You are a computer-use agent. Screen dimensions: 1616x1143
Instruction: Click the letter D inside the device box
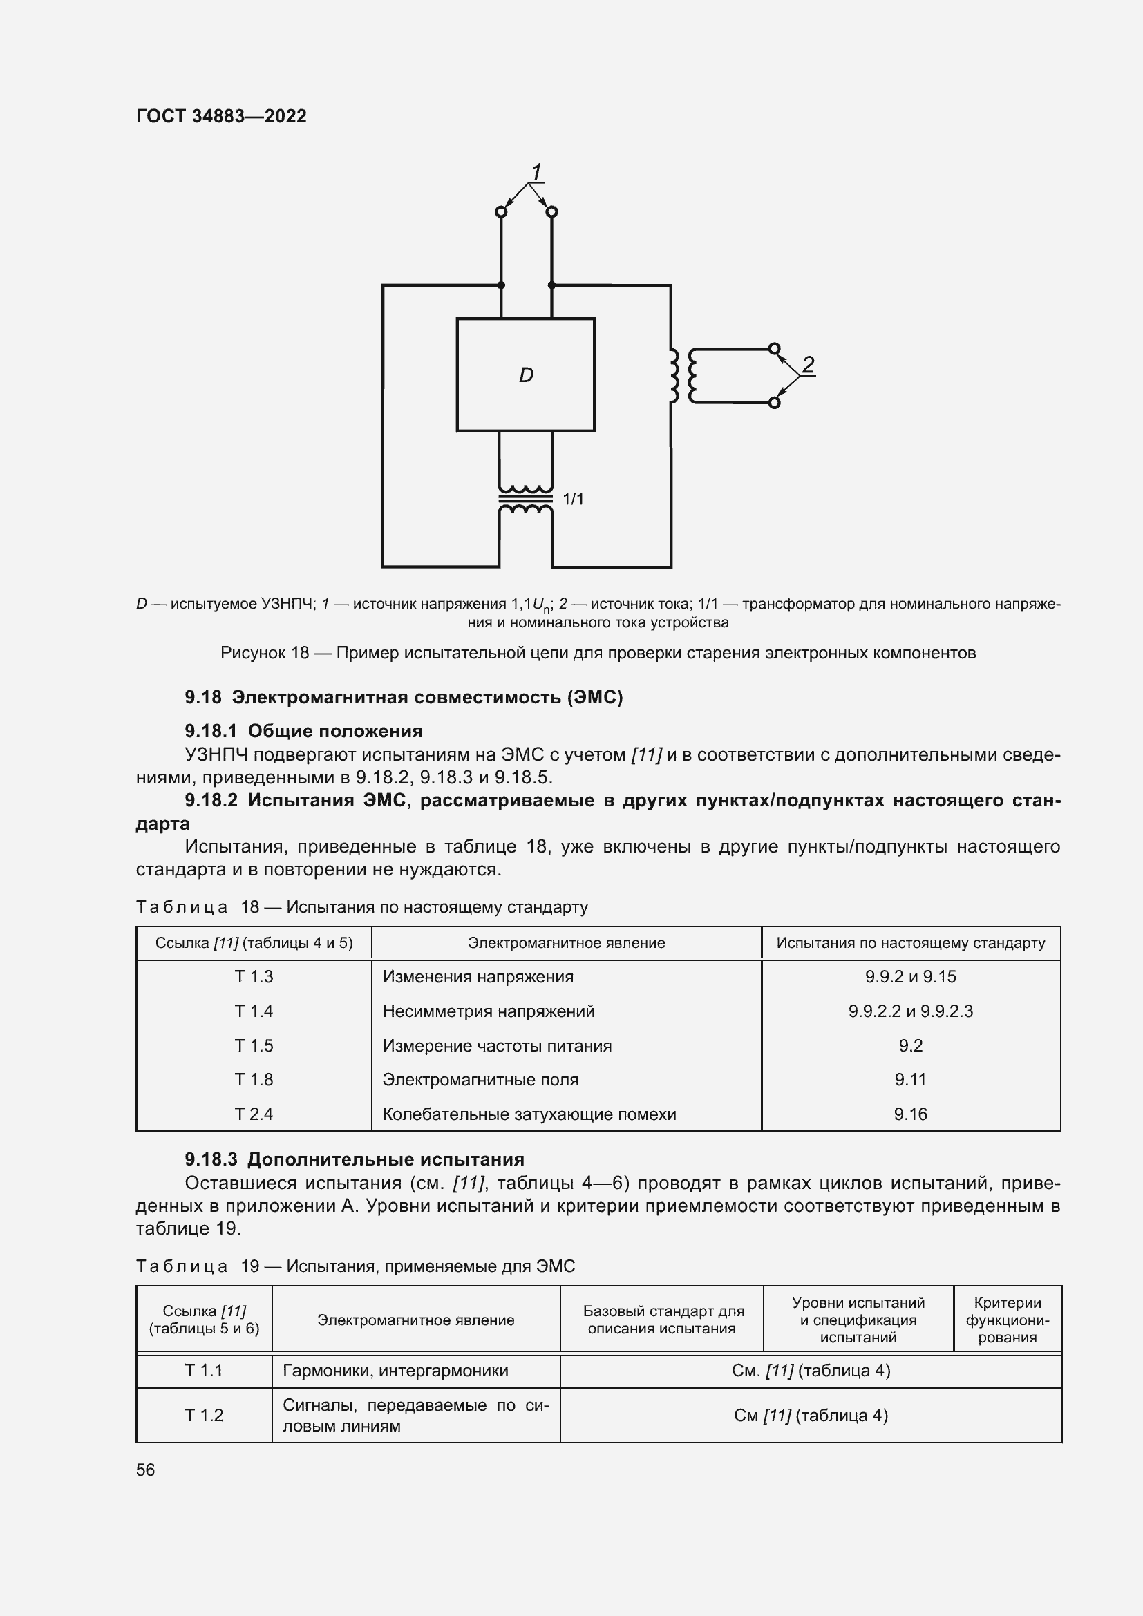pos(526,375)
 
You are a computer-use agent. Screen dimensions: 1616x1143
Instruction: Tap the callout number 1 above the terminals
pos(536,172)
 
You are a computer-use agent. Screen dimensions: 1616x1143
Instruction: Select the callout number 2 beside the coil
pos(808,365)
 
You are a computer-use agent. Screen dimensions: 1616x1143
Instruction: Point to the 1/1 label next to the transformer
pos(573,499)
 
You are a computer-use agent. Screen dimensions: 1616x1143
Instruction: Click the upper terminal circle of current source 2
pos(773,348)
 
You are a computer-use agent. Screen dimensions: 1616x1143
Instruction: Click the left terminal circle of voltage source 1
pos(501,211)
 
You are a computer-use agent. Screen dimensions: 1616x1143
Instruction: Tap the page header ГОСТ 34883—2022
pos(221,116)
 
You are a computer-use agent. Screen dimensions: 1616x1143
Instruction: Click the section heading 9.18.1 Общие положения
pos(303,730)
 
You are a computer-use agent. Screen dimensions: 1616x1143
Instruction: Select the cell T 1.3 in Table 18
pos(254,976)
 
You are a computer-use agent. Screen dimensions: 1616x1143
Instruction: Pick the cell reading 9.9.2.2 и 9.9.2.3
pos(910,1011)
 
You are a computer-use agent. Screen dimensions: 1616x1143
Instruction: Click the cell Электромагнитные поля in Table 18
pos(480,1079)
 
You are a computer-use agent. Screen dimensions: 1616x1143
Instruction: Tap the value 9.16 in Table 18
pos(910,1114)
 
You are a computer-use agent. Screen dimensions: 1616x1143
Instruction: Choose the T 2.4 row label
pos(254,1114)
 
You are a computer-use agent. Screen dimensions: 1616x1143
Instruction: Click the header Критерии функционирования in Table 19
pos(1006,1320)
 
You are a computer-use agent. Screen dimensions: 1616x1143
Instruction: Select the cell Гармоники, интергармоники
pos(395,1370)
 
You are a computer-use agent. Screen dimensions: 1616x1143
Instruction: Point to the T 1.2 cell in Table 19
pos(203,1416)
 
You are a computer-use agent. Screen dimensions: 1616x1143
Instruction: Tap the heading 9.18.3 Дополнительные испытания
pos(354,1159)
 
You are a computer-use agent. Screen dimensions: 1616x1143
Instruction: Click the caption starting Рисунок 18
pos(598,652)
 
